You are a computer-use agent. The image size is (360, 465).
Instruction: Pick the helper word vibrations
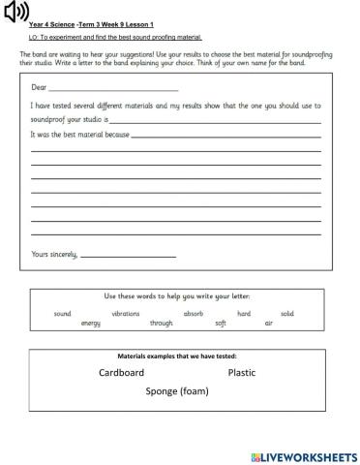tap(127, 314)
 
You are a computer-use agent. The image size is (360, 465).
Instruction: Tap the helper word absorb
tap(194, 314)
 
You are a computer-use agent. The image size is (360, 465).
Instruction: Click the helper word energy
tap(92, 323)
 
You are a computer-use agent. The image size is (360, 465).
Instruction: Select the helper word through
tap(161, 323)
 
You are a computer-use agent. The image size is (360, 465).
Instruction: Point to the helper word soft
tap(221, 323)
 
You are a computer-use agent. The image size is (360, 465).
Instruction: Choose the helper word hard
tap(244, 314)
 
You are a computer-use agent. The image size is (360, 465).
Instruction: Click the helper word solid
tap(287, 314)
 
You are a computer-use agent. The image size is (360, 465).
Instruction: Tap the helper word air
tap(269, 323)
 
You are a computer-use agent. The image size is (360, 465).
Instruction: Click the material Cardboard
tap(121, 373)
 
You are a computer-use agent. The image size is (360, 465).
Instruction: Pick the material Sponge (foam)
tap(177, 391)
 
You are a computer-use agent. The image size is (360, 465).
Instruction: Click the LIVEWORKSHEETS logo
tap(303, 455)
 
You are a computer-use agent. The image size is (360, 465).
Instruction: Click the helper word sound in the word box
tap(63, 314)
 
